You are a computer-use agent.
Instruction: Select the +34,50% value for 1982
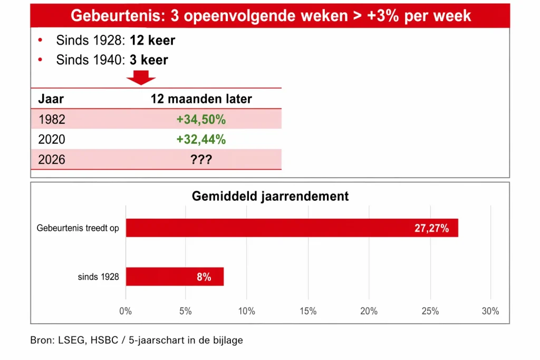click(x=201, y=120)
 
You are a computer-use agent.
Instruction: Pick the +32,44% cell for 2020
click(x=201, y=140)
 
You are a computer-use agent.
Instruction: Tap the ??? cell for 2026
click(x=201, y=160)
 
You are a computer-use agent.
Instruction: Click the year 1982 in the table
click(x=52, y=120)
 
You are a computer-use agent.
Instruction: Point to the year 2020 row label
click(x=52, y=140)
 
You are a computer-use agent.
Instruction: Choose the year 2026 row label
click(x=52, y=160)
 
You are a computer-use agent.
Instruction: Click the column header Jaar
click(x=51, y=99)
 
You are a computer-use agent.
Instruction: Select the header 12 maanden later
click(x=201, y=99)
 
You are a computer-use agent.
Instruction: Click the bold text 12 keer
click(x=152, y=41)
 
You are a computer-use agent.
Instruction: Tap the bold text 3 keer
click(x=149, y=60)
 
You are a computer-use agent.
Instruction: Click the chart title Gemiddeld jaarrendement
click(x=270, y=197)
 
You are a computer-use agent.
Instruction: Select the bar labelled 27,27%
click(x=292, y=228)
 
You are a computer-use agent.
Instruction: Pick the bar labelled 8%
click(x=175, y=277)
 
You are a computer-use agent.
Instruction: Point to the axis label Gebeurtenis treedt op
click(x=78, y=229)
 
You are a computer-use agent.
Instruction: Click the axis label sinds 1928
click(x=99, y=277)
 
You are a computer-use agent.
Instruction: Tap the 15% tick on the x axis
click(x=308, y=311)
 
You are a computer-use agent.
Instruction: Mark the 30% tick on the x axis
click(x=490, y=311)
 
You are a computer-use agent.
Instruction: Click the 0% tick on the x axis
click(x=126, y=311)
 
